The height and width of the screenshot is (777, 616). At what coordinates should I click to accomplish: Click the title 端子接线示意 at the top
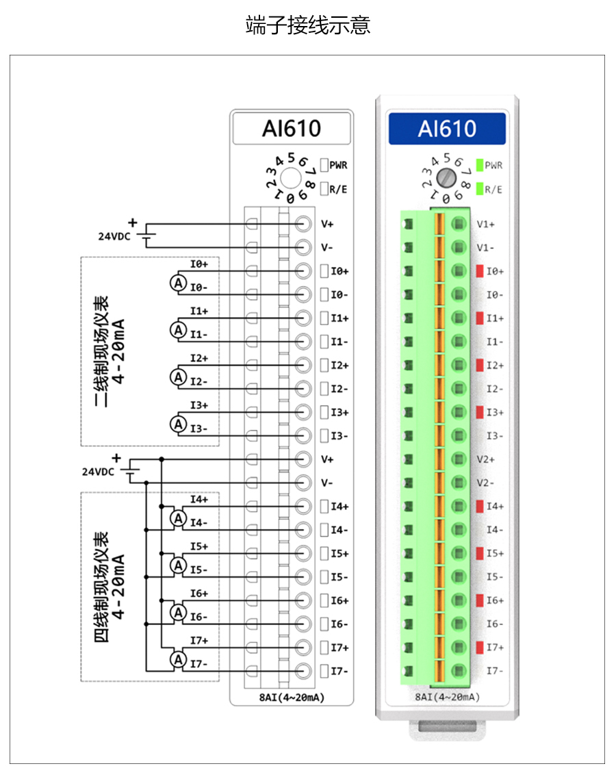[x=308, y=26]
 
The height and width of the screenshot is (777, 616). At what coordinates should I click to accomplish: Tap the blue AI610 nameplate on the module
[x=447, y=129]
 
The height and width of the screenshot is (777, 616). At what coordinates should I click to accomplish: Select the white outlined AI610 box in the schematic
[x=292, y=129]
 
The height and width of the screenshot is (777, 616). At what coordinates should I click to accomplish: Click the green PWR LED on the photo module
[x=480, y=165]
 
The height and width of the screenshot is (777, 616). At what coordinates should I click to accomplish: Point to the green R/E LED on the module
[x=480, y=188]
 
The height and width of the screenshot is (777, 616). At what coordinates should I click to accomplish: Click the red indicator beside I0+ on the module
[x=480, y=271]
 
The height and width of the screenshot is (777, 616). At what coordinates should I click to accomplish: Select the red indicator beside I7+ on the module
[x=480, y=647]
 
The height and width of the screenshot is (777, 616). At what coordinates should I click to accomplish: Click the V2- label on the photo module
[x=487, y=483]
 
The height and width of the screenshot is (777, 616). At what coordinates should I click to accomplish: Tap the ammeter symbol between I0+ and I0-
[x=178, y=283]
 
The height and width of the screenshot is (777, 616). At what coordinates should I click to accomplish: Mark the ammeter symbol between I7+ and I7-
[x=178, y=659]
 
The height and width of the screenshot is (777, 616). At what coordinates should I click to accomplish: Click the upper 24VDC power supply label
[x=113, y=236]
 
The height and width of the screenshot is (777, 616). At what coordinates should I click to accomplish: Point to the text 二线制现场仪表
[x=103, y=351]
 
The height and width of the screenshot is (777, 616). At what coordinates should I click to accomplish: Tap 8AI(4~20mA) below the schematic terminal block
[x=292, y=697]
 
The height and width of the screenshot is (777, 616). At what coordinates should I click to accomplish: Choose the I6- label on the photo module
[x=495, y=624]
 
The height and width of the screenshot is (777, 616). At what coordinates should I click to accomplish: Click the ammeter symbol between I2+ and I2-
[x=178, y=377]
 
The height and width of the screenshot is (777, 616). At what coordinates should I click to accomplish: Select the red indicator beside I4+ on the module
[x=480, y=506]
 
